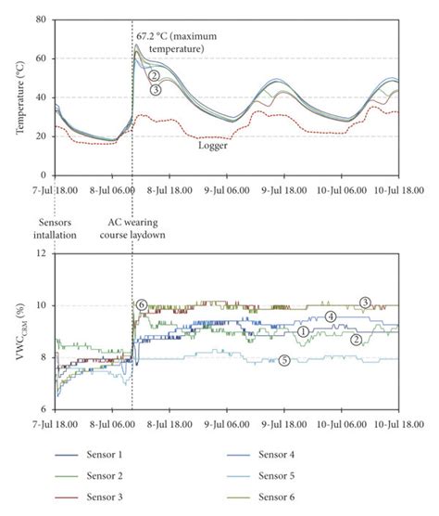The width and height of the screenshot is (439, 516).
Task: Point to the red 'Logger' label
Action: point(212,145)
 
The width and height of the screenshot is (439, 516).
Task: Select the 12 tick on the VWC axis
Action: point(42,253)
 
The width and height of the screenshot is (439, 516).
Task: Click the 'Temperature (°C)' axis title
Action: point(21,96)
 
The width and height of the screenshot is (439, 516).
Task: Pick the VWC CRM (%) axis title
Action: point(21,331)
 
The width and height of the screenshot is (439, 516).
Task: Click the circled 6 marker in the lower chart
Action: point(141,304)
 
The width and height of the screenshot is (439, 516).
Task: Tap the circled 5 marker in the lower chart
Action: point(284,360)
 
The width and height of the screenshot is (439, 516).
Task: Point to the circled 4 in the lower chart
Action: point(331,317)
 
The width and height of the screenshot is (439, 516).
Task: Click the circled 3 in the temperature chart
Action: point(156,90)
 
